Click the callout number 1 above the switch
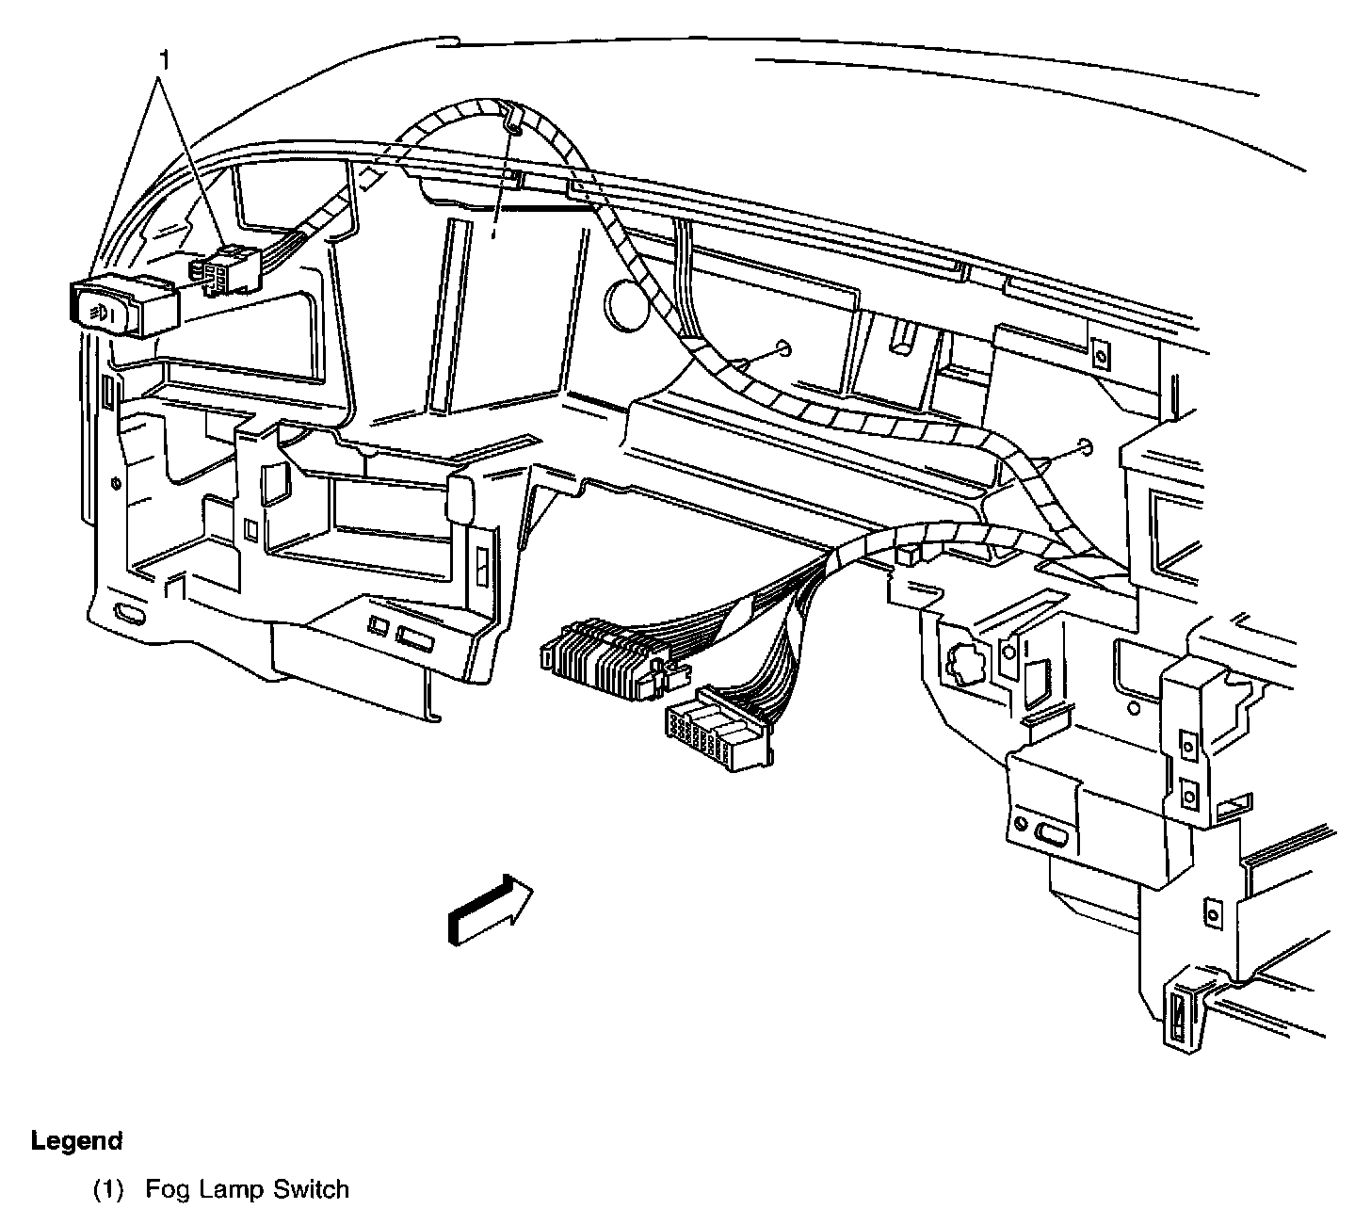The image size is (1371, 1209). pos(166,61)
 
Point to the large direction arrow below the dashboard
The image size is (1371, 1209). pos(490,908)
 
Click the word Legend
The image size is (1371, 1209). pos(77,1141)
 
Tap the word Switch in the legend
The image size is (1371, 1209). pos(311,1189)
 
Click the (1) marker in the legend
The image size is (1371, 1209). pos(109,1189)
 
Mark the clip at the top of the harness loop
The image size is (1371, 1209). pos(512,117)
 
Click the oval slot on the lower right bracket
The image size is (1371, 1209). pos(1051,833)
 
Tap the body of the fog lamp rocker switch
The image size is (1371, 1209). pos(122,305)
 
